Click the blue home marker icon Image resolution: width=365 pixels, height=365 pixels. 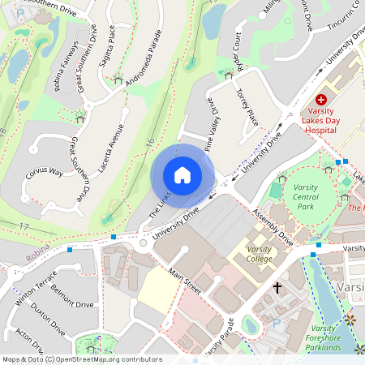[x=182, y=174]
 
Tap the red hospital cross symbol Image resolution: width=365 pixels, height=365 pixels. [x=321, y=97]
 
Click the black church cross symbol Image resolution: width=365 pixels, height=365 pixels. [x=277, y=287]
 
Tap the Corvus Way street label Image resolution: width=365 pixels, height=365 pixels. [x=44, y=172]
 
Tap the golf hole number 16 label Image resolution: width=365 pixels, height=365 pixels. [x=151, y=142]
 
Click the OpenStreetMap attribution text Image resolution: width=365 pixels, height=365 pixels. [x=82, y=359]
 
